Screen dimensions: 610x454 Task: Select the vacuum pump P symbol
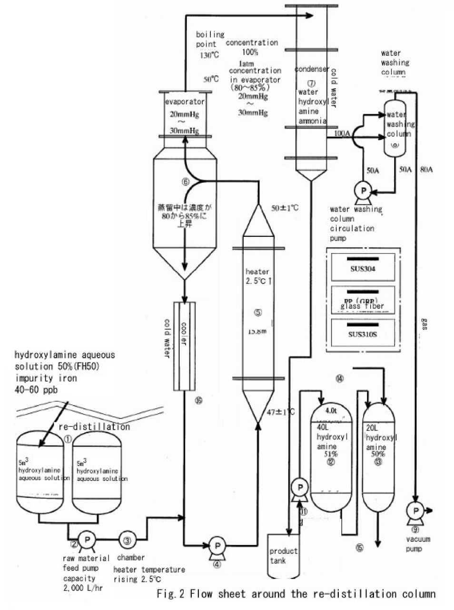[415, 510]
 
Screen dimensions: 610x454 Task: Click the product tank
[284, 557]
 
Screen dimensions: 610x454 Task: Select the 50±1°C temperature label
[285, 208]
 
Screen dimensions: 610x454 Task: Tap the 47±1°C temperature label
[280, 412]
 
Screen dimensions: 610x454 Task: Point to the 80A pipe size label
[426, 169]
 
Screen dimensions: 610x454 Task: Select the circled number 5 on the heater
[258, 313]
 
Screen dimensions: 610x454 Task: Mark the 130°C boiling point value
[209, 55]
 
